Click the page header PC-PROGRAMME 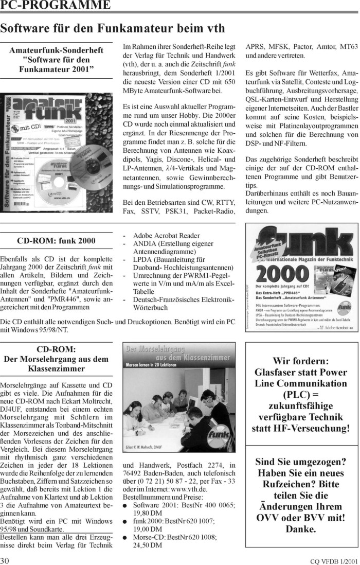click(x=56, y=6)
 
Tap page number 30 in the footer click(x=7, y=559)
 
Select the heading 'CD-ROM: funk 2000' click(x=56, y=240)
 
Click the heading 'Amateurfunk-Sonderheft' click(x=57, y=50)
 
